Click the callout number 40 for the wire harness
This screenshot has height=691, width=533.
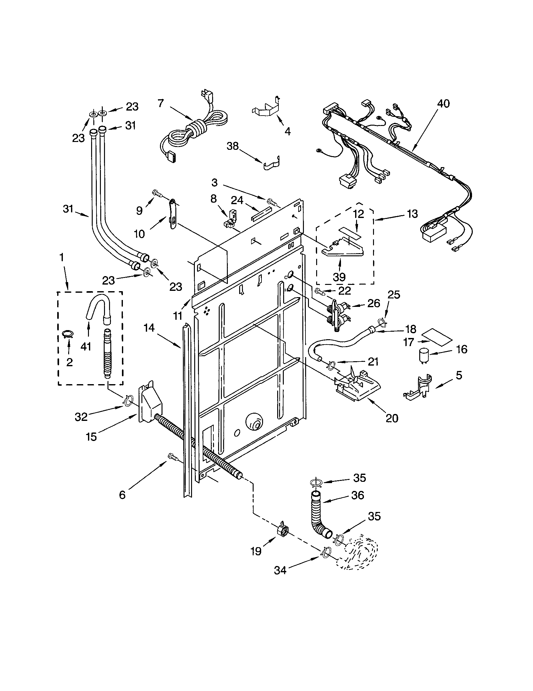point(443,104)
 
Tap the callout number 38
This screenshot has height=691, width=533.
point(233,146)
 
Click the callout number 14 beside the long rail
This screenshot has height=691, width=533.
point(149,328)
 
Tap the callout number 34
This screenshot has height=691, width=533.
point(280,570)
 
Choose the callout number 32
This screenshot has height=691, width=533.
point(81,417)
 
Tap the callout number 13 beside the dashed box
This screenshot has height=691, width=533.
point(412,214)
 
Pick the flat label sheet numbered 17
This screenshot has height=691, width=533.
point(438,337)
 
